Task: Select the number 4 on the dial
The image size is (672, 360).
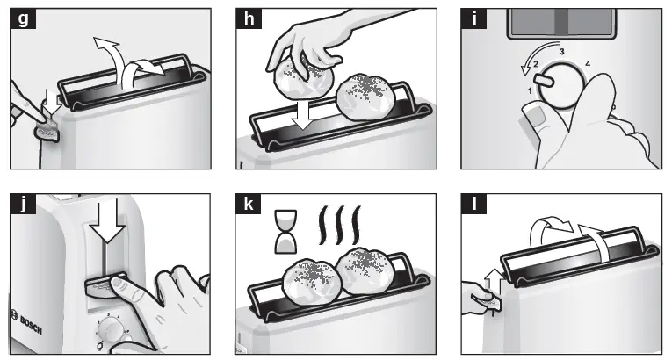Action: (587, 64)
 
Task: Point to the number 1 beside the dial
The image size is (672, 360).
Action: (530, 90)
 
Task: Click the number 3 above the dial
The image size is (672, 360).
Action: (561, 53)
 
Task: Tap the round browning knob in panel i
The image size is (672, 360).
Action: (562, 88)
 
